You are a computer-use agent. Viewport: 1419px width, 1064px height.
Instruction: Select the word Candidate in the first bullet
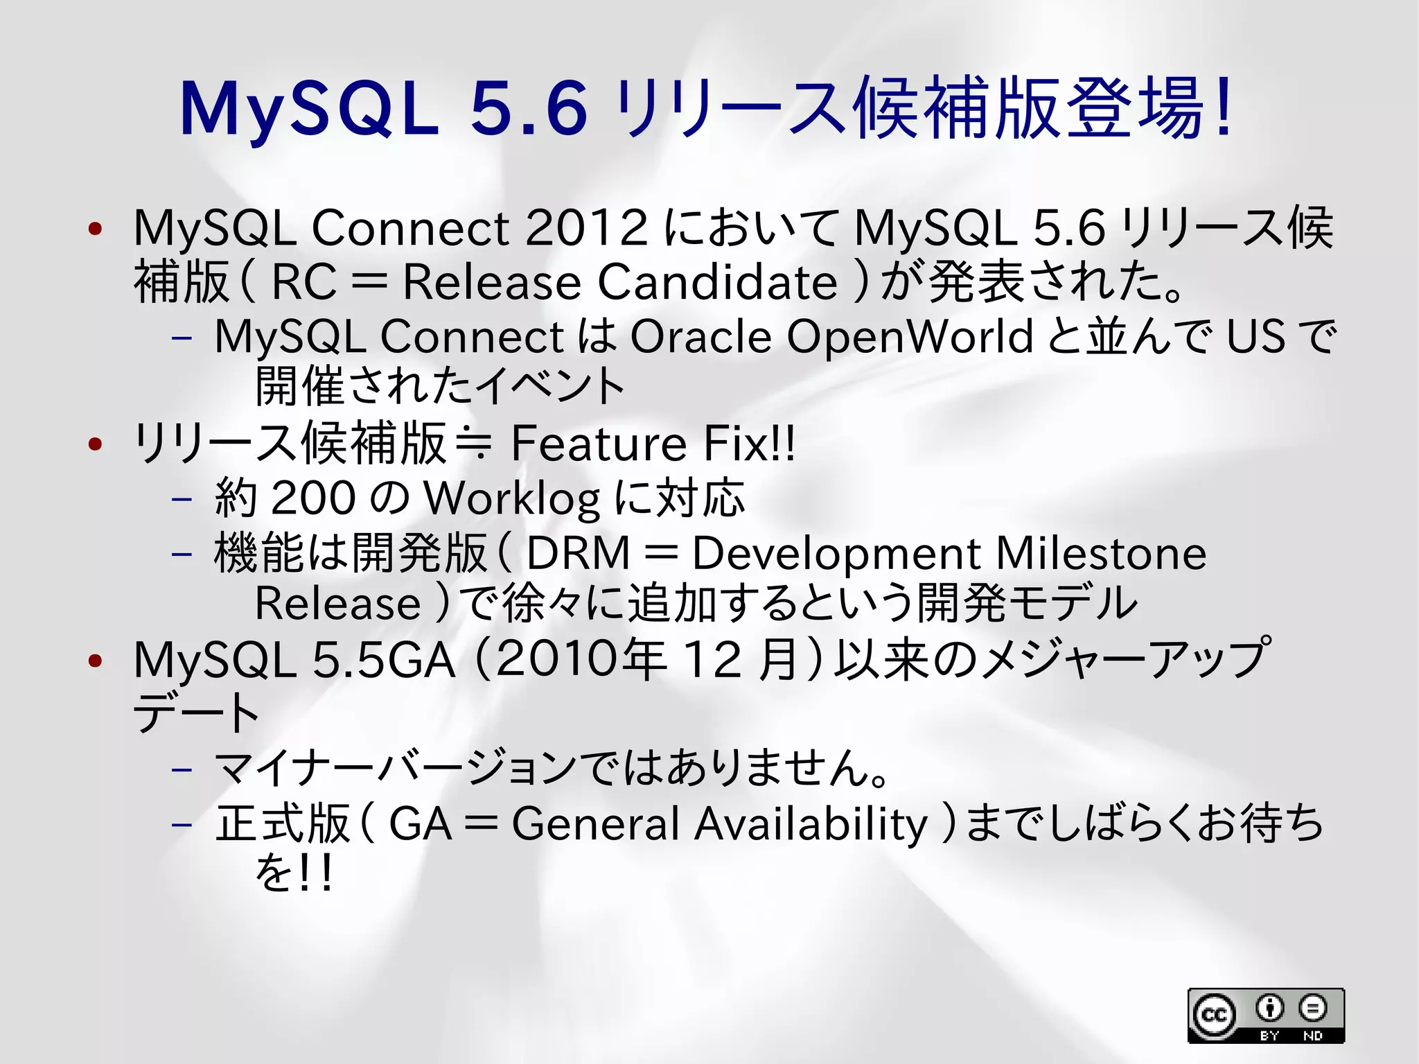[x=717, y=282]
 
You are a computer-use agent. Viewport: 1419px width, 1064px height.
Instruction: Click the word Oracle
[x=700, y=337]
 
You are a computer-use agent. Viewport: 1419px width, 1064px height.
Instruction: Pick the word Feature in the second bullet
[x=599, y=444]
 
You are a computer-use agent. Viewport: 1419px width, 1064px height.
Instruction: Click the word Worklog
[x=511, y=498]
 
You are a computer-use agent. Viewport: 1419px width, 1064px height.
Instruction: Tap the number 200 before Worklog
[x=313, y=498]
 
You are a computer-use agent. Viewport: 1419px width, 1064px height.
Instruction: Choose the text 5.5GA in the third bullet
[x=384, y=660]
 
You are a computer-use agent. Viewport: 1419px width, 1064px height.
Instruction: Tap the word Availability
[x=811, y=824]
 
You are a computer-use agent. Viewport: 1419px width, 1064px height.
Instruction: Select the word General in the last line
[x=595, y=824]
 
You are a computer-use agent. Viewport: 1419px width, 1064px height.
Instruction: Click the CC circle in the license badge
[x=1213, y=1015]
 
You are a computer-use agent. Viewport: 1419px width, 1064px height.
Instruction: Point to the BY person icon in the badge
[x=1269, y=1008]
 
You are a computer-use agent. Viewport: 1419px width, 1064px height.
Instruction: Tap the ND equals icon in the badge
[x=1312, y=1008]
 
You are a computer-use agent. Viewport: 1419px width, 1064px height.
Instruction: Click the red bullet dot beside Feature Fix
[x=96, y=444]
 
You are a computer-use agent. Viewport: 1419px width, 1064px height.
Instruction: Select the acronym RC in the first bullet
[x=303, y=282]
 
